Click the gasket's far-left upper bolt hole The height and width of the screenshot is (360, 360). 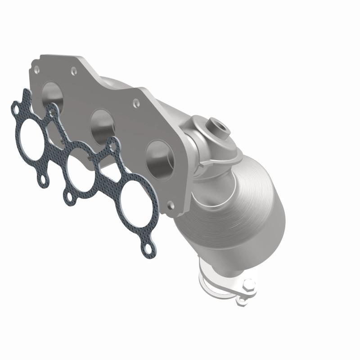(x=16, y=108)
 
